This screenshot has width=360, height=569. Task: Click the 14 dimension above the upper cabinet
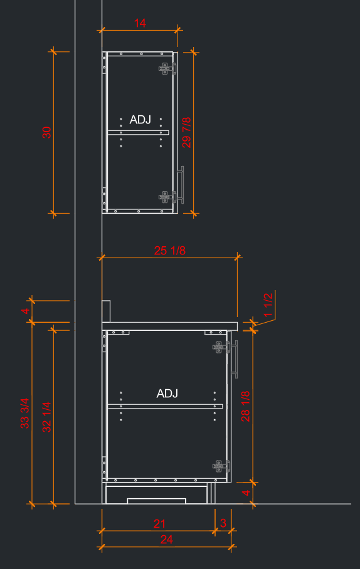tap(140, 23)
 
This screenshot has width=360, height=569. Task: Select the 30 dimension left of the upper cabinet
tap(47, 132)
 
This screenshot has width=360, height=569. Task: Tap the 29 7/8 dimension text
tap(186, 132)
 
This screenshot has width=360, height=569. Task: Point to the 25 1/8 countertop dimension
tap(169, 251)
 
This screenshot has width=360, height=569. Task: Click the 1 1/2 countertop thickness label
tap(268, 305)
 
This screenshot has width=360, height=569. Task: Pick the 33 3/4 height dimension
tap(24, 413)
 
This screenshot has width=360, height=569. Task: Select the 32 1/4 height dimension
tap(47, 417)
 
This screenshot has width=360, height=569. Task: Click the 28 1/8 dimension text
tap(246, 406)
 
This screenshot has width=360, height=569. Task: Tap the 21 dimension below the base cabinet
tap(159, 524)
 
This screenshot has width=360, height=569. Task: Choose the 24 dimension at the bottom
tap(166, 540)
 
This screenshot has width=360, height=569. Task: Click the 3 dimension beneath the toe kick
tap(223, 523)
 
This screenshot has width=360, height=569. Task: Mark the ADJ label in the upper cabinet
tap(140, 120)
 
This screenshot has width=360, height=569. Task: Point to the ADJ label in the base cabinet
tap(167, 394)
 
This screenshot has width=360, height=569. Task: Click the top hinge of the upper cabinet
tap(167, 68)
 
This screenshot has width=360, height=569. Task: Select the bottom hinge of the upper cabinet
tap(167, 197)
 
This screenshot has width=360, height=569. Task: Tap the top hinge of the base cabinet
tap(221, 347)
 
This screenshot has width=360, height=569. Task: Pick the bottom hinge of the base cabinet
tap(221, 466)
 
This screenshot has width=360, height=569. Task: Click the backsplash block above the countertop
tap(106, 311)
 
